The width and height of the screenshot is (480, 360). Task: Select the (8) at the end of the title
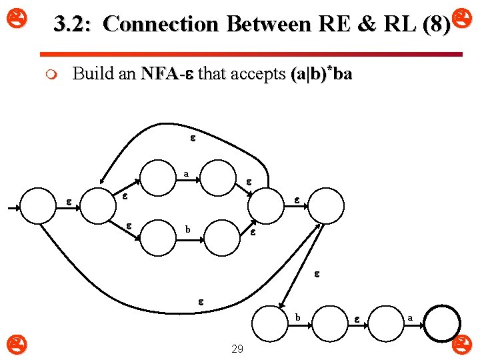[x=436, y=25]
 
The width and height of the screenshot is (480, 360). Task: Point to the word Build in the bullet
[x=92, y=74]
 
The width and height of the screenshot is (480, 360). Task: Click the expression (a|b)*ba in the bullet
[x=321, y=74]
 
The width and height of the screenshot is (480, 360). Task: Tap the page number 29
[x=237, y=349]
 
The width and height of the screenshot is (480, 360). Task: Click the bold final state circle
[x=443, y=324]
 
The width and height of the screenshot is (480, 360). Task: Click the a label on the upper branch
[x=187, y=175]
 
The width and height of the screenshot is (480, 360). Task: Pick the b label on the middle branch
[x=188, y=230]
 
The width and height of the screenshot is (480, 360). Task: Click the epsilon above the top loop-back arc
[x=193, y=139]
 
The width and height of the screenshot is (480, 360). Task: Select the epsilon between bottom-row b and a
[x=357, y=319]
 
